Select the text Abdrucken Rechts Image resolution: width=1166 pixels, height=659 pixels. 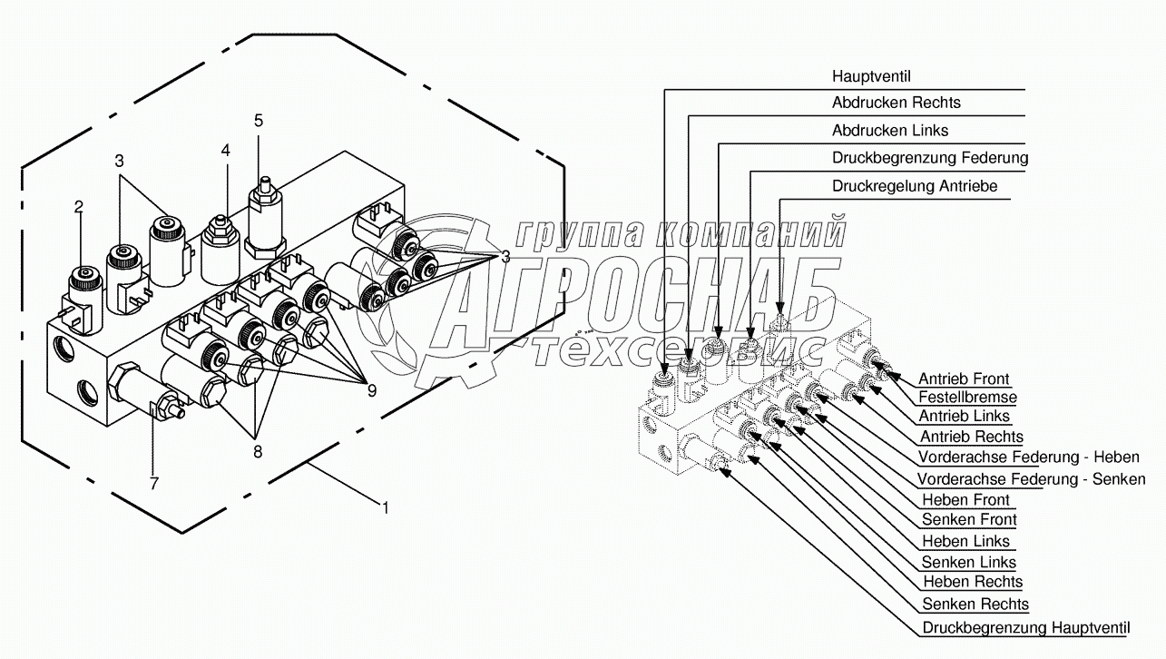(x=896, y=103)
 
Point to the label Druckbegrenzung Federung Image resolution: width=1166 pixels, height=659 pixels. (x=930, y=158)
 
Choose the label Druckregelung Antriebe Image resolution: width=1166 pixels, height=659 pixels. (x=915, y=186)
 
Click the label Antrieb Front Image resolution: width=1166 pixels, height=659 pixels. (x=964, y=379)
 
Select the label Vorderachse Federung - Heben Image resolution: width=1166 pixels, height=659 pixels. (x=1028, y=457)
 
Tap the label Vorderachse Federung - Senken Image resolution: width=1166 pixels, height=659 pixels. (x=1031, y=479)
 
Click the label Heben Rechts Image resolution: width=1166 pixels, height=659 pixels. (x=972, y=582)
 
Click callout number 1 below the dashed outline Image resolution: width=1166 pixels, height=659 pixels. (x=385, y=509)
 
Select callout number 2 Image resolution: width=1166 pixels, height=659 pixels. (x=79, y=207)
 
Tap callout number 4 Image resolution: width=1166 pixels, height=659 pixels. (x=225, y=150)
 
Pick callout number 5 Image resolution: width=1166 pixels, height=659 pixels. (x=259, y=120)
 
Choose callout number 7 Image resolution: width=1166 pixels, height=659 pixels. (x=152, y=484)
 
